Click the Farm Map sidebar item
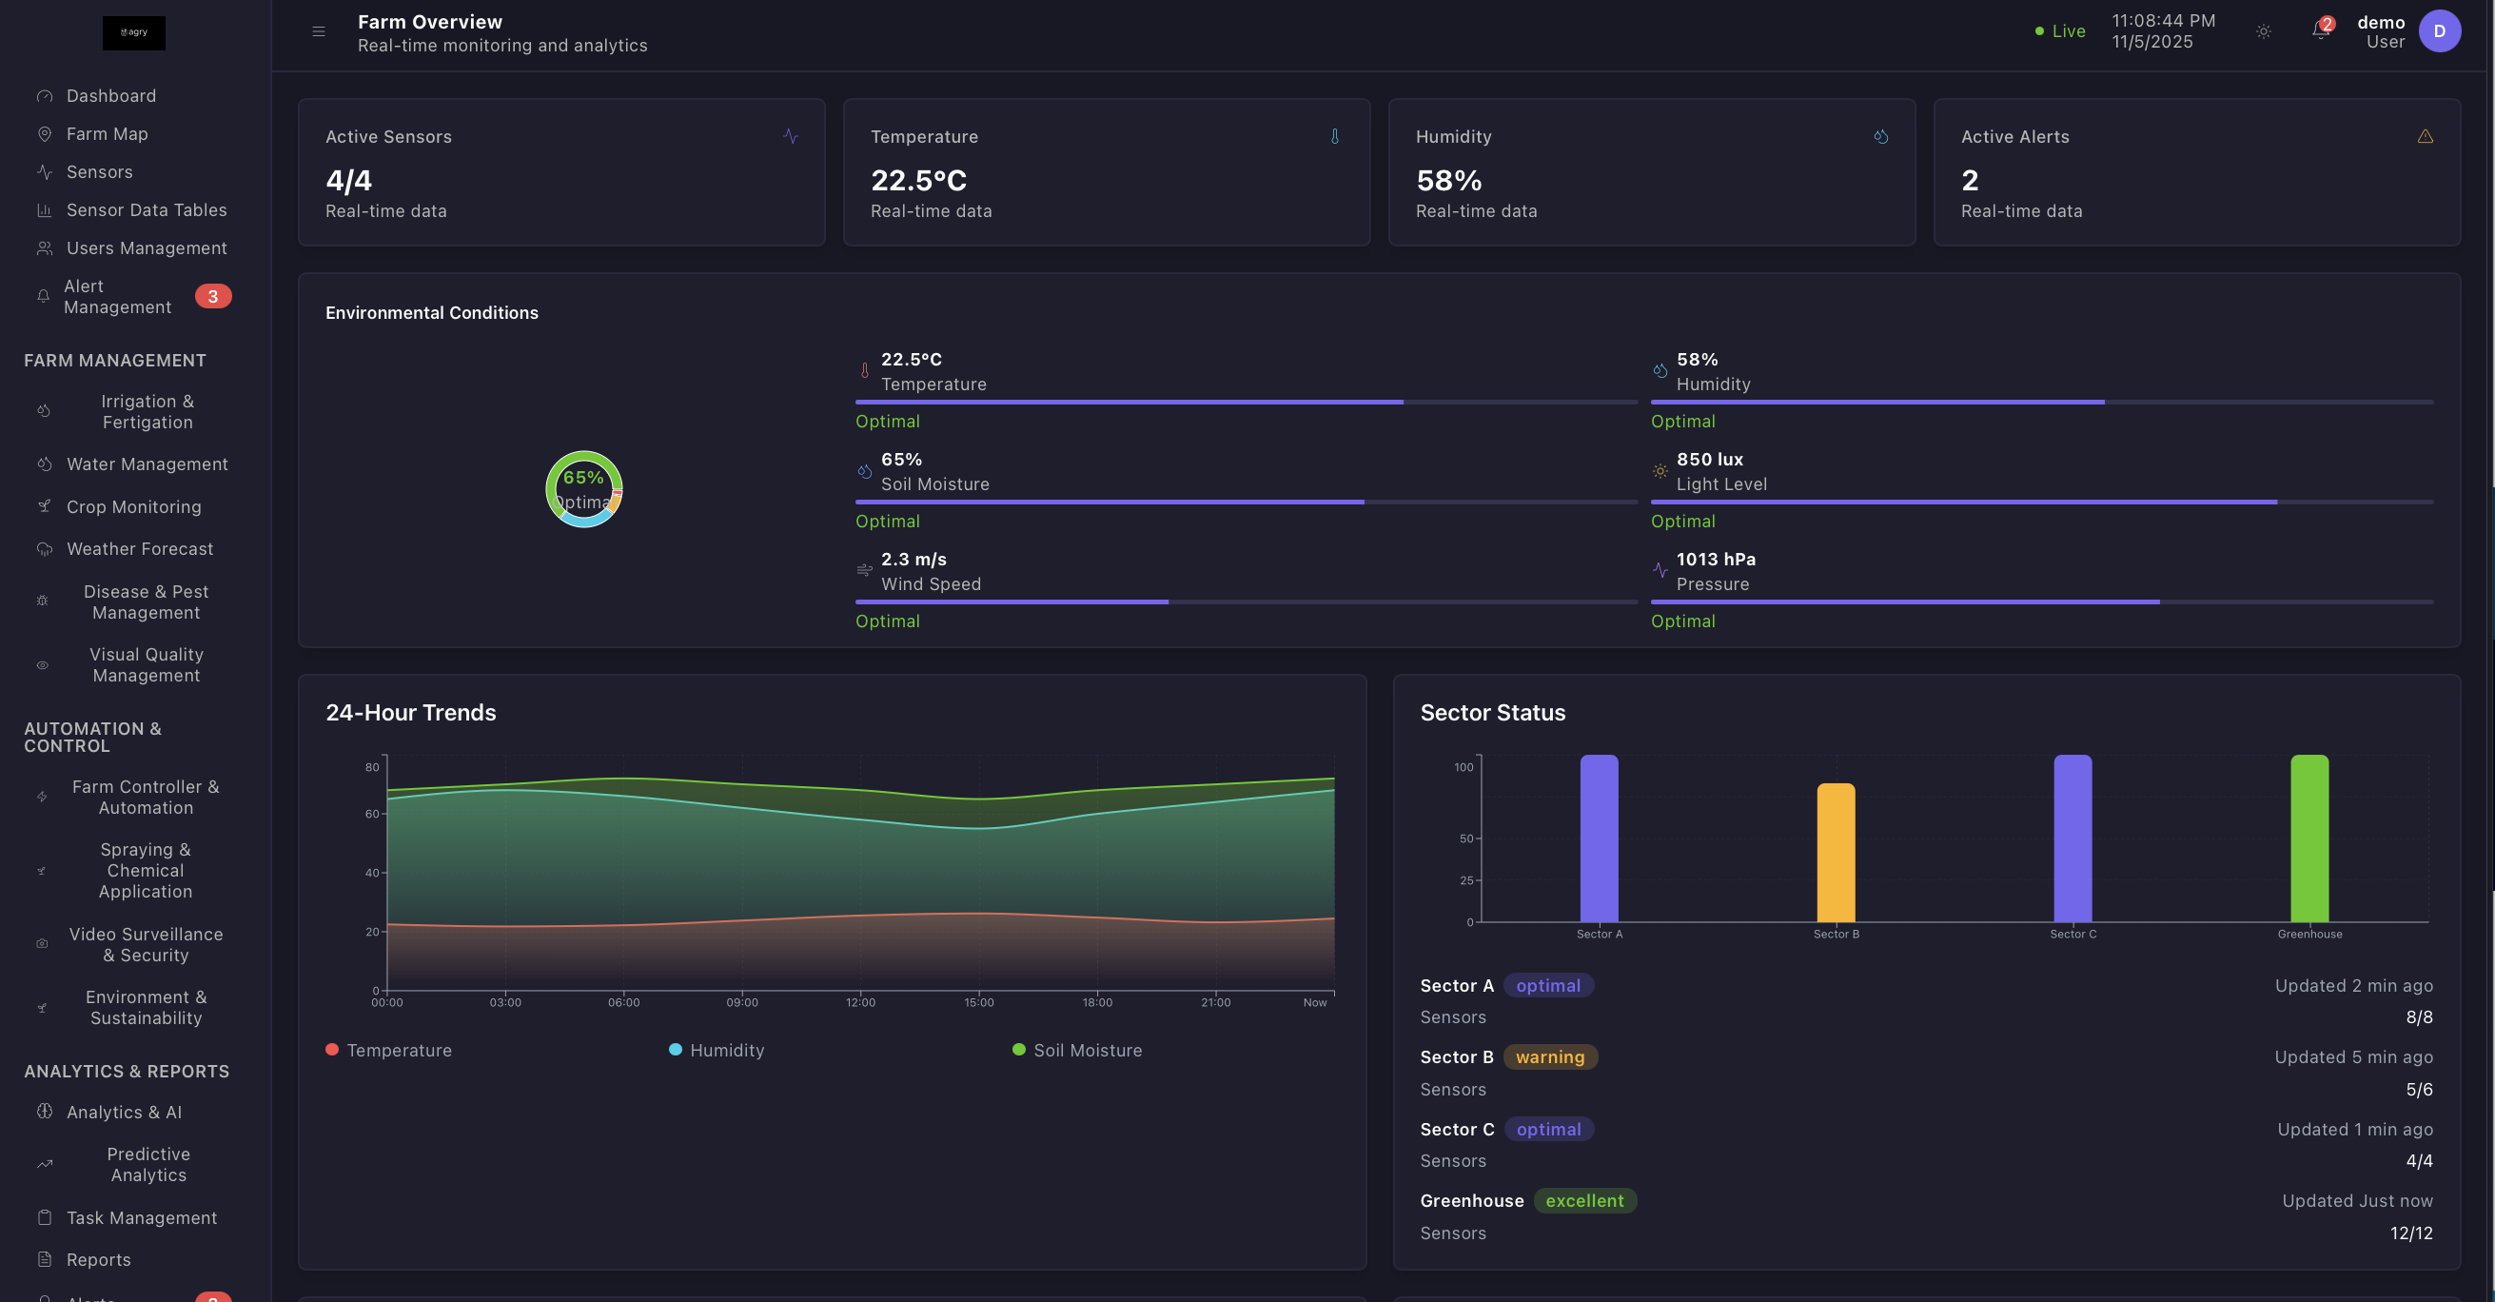[107, 133]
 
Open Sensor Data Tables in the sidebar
[146, 210]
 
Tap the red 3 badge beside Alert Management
[213, 296]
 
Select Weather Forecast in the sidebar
[140, 549]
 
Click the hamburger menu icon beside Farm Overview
[319, 32]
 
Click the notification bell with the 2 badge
[2321, 31]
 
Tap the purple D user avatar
[2439, 31]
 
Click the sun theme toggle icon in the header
[2264, 32]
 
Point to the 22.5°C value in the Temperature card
[918, 180]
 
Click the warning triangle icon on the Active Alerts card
[2426, 137]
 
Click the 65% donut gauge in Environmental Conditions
[584, 489]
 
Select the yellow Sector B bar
[1836, 853]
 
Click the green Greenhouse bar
[2309, 838]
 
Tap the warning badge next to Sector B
[1550, 1056]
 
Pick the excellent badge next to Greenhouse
[1584, 1200]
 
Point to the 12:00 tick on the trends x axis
[860, 1001]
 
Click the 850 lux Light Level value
[1710, 459]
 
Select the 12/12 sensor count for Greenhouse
[2410, 1233]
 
